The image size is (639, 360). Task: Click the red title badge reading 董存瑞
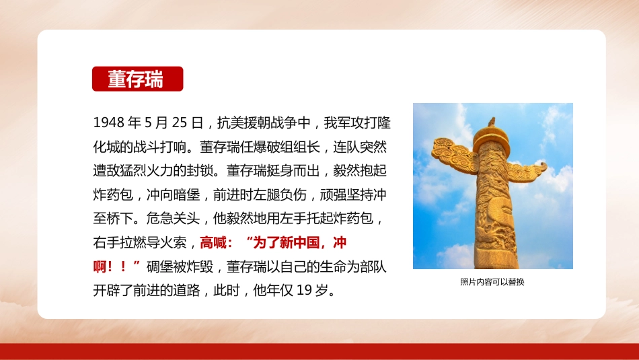pyautogui.click(x=137, y=79)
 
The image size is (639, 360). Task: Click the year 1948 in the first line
pyautogui.click(x=109, y=122)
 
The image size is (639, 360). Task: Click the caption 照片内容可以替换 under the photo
pyautogui.click(x=492, y=282)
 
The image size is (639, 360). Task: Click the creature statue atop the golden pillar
pyautogui.click(x=492, y=122)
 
